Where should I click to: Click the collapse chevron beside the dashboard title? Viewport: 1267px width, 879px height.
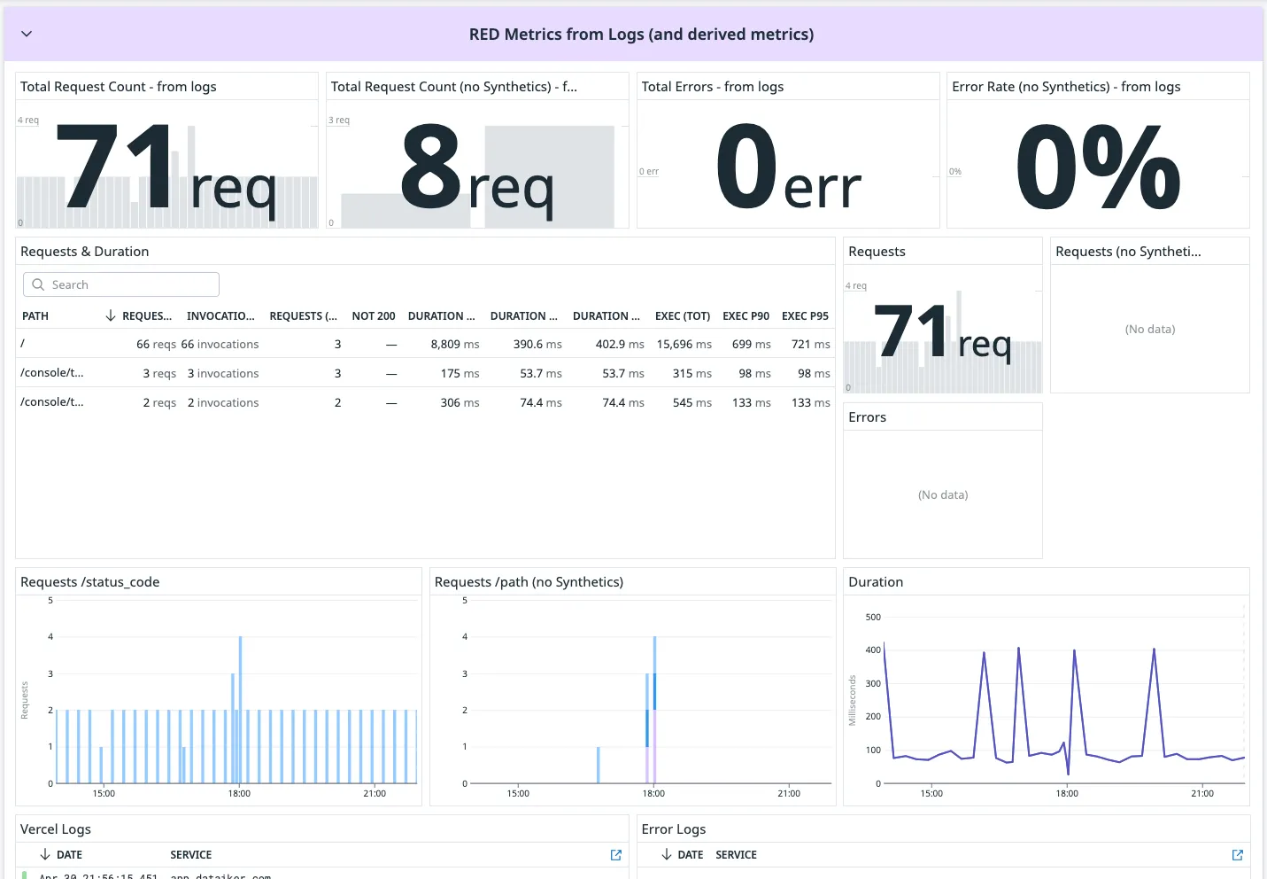tap(27, 34)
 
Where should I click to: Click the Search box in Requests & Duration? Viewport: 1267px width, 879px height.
tap(121, 284)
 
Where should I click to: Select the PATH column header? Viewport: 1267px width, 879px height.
tap(35, 316)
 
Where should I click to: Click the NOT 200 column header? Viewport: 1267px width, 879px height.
tap(373, 316)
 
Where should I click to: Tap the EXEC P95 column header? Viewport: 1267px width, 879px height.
tap(805, 316)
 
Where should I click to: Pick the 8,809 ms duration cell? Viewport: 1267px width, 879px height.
tap(454, 345)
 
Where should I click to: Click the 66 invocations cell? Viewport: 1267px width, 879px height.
tap(220, 345)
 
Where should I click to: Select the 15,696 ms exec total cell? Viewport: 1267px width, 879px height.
tap(684, 345)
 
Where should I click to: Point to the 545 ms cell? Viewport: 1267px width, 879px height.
tap(691, 403)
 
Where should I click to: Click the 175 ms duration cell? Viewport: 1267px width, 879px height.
tap(460, 374)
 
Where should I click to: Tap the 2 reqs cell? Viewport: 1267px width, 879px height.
tap(159, 403)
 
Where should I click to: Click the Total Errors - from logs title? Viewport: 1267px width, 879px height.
tap(712, 87)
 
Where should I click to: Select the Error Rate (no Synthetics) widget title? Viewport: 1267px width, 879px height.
tap(1065, 87)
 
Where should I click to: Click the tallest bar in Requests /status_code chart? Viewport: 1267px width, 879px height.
tap(240, 709)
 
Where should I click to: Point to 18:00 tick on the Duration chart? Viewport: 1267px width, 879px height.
tap(1067, 793)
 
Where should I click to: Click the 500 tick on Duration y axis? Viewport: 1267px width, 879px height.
tap(873, 618)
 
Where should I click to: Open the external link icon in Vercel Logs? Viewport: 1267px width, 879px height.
tap(616, 855)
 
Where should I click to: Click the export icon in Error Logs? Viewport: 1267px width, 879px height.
tap(1238, 855)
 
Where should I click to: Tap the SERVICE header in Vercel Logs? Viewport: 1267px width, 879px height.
tap(190, 855)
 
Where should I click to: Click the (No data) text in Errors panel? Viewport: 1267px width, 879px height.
tap(943, 495)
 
